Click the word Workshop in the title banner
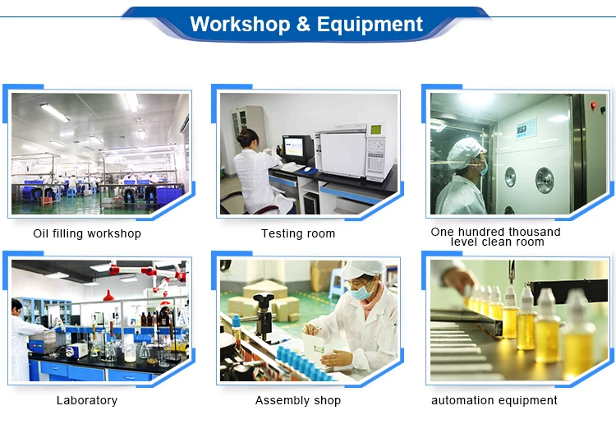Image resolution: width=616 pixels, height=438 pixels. [x=240, y=25]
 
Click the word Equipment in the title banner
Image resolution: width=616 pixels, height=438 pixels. [x=370, y=25]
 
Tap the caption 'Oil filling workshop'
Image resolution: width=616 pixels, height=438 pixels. [x=87, y=233]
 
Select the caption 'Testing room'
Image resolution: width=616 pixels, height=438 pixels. [x=298, y=233]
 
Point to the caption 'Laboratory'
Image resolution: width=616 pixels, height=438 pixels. [x=87, y=400]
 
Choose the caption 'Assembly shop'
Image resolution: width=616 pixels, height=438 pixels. [x=298, y=400]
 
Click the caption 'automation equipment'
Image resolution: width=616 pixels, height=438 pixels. [x=494, y=400]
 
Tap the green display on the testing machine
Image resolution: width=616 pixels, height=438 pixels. [x=376, y=129]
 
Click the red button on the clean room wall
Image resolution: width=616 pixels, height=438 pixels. [x=593, y=105]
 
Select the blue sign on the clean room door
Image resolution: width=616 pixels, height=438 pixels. [x=526, y=128]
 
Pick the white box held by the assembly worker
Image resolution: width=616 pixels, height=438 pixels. [x=317, y=347]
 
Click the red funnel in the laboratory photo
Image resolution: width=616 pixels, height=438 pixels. [x=108, y=295]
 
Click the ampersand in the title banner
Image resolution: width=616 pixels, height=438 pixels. [x=303, y=25]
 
